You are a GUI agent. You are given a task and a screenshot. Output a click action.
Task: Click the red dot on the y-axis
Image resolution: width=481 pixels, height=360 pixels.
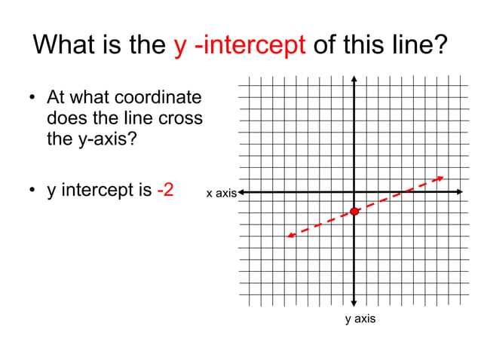click(x=354, y=212)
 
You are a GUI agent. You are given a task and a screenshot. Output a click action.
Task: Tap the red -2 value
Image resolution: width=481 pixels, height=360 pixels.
click(x=165, y=189)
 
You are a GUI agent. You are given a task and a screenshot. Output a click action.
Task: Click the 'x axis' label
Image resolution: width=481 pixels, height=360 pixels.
click(x=221, y=194)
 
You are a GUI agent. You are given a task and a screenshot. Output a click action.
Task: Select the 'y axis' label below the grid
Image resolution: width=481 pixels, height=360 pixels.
click(x=360, y=319)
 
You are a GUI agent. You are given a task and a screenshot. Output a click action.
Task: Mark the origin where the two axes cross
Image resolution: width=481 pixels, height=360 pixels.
click(x=354, y=192)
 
